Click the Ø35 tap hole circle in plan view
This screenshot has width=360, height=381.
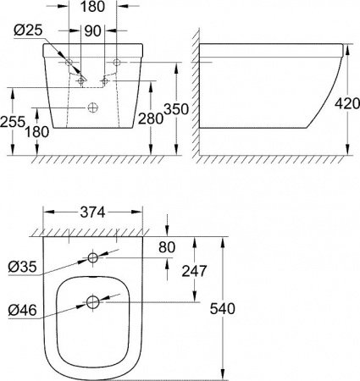click(93, 257)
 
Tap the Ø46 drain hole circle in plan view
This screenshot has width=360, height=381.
click(93, 301)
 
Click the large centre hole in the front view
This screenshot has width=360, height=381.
click(93, 108)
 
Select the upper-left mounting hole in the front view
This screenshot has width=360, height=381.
click(68, 63)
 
